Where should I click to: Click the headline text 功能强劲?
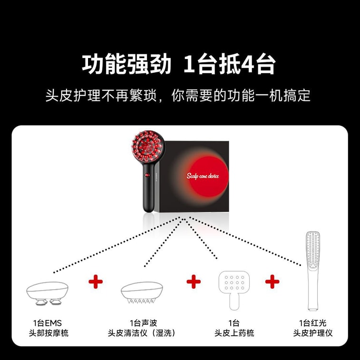[x=126, y=64]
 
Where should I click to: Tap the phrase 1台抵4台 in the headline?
[x=229, y=64]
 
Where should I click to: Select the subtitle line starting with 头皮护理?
[x=178, y=95]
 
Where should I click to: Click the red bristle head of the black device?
[x=147, y=146]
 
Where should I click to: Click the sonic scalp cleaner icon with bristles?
[x=143, y=293]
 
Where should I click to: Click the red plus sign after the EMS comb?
[x=96, y=282]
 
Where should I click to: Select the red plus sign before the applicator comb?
[x=194, y=282]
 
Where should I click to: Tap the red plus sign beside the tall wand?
[x=272, y=282]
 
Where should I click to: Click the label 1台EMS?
[x=48, y=323]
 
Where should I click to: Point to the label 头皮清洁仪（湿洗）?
[x=142, y=333]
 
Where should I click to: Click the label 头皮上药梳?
[x=234, y=333]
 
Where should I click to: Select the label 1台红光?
[x=313, y=323]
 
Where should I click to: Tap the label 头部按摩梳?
[x=48, y=333]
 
